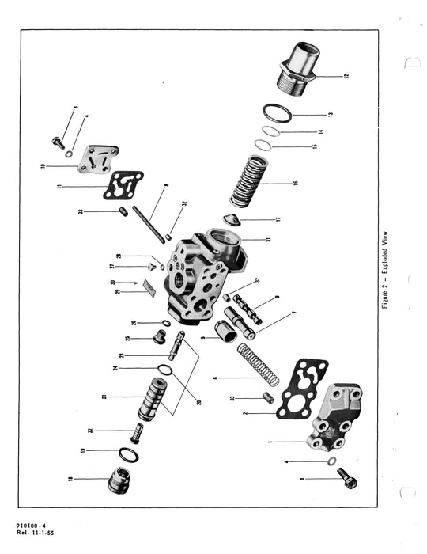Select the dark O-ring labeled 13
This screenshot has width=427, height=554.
click(277, 113)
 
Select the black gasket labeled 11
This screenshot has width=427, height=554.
click(123, 186)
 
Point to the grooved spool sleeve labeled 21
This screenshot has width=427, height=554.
click(154, 400)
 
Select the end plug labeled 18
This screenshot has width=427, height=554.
click(119, 479)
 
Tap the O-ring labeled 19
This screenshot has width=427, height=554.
click(127, 454)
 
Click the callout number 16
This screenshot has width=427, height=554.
click(295, 183)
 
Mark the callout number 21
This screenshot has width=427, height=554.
click(104, 396)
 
